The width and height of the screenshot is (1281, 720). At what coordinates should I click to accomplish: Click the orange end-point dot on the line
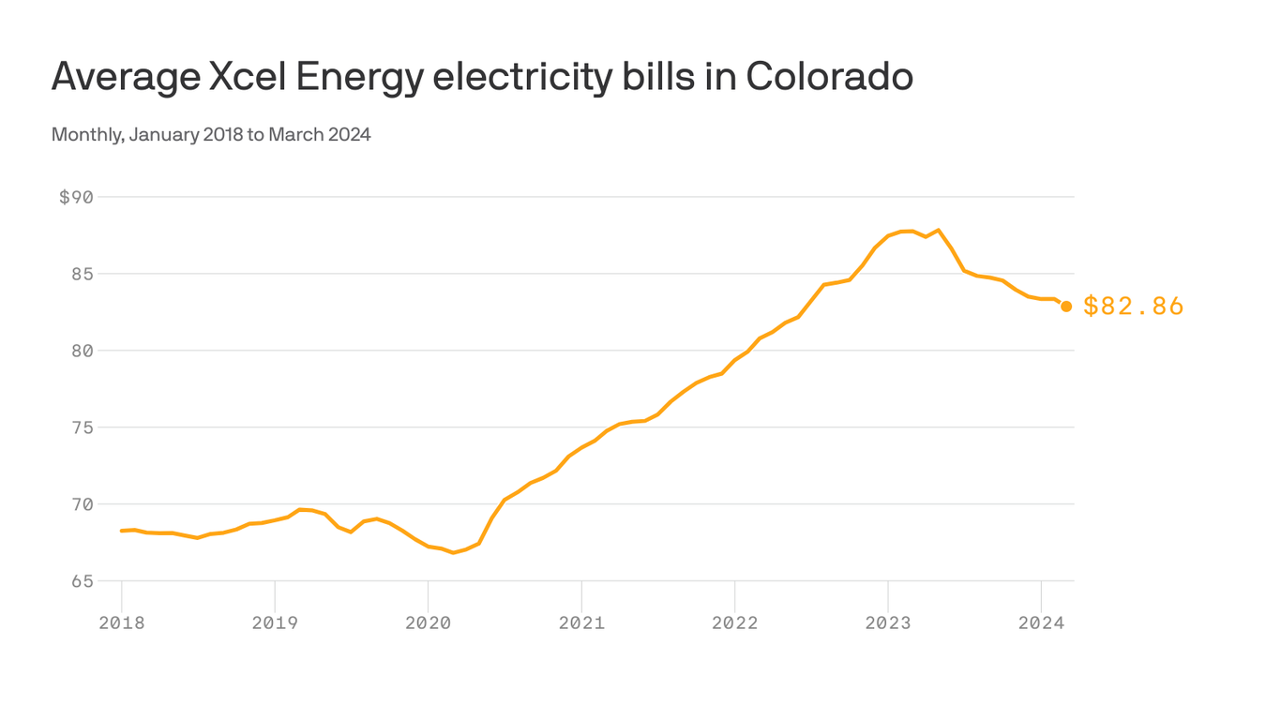point(1066,307)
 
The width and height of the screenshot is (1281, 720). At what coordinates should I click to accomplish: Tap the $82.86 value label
point(1133,307)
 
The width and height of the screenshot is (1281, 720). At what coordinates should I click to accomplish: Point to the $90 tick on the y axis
point(76,197)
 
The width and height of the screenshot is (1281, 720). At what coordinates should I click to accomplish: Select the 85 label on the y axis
point(82,274)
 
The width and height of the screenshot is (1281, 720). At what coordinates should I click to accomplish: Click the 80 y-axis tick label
point(82,351)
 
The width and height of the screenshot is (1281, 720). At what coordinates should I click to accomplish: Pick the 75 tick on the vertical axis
point(82,427)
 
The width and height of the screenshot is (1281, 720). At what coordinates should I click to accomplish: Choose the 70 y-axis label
point(82,504)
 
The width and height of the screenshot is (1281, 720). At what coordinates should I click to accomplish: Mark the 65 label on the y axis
point(82,581)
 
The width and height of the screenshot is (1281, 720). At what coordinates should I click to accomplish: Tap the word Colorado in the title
point(829,77)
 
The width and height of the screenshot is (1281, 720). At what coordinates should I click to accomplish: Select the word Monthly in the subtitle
point(86,135)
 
